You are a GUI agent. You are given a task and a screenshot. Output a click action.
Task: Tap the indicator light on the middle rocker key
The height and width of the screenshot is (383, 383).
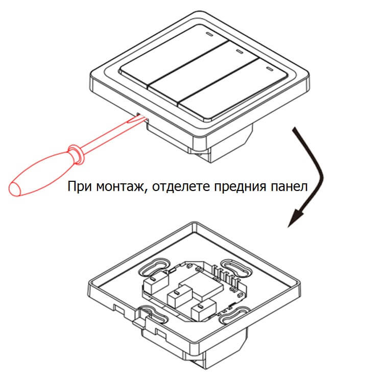(x=238, y=52)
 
